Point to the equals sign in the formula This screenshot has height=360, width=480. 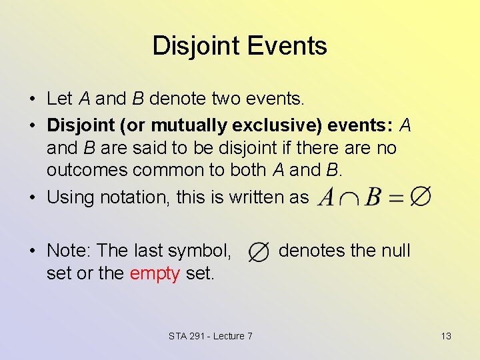[x=396, y=197]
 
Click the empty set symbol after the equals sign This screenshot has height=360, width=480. [x=420, y=197]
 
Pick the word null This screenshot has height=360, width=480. [x=396, y=251]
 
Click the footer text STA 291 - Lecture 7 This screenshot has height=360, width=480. [x=210, y=336]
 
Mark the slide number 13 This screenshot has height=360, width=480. [x=446, y=336]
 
